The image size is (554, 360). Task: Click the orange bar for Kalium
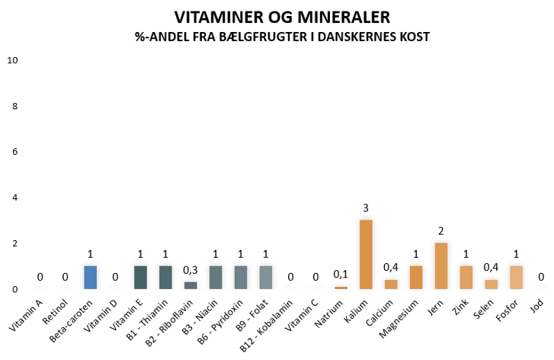pos(366,254)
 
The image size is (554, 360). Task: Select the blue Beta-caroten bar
pos(91,277)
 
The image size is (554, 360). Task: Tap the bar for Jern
pos(441,265)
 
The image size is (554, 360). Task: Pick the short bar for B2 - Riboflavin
pos(191,285)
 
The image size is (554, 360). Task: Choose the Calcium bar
pos(391,284)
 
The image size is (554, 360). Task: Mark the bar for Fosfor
pos(516,277)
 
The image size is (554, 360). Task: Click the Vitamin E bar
pos(140,277)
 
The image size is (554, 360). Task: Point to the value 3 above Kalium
pos(366,208)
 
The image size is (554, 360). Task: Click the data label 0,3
pos(191,270)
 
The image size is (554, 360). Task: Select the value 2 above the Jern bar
pos(441,231)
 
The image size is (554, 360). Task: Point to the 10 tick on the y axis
pos(12,60)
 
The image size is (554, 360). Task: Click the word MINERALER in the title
pos(333,17)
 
